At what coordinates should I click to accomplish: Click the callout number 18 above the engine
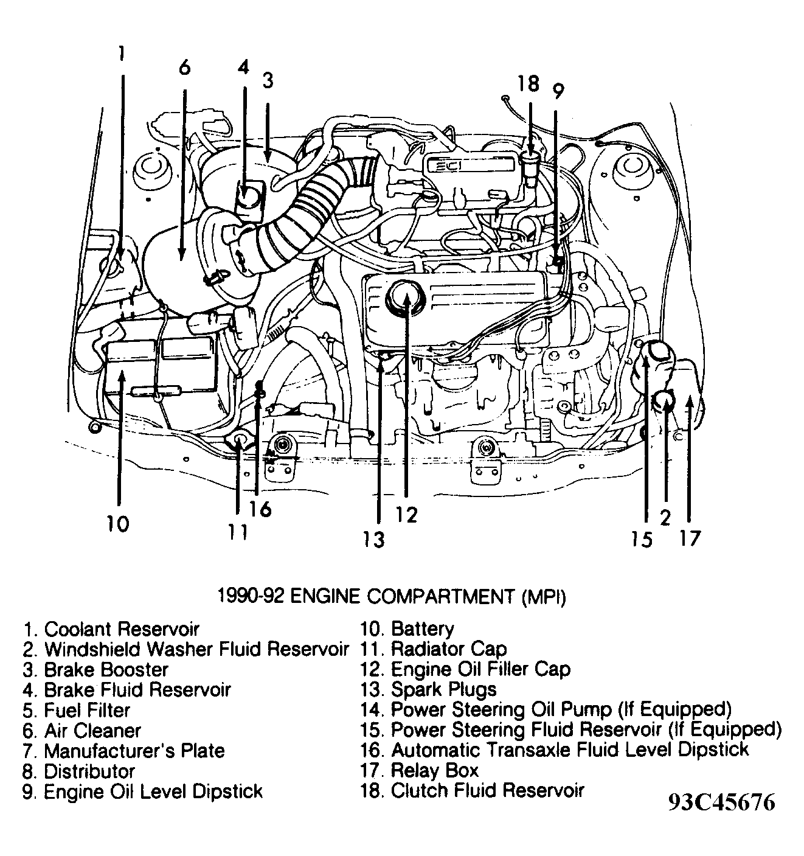(x=528, y=83)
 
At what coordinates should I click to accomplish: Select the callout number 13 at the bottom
(x=374, y=538)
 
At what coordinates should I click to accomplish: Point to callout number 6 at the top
(x=184, y=67)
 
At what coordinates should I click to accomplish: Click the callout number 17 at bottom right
(x=690, y=538)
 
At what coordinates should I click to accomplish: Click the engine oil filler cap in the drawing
(x=403, y=298)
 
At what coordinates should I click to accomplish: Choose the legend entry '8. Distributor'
(x=79, y=771)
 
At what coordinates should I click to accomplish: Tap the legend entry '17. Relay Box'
(x=419, y=770)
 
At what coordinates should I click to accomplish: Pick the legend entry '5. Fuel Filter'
(x=77, y=710)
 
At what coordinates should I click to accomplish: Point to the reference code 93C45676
(x=721, y=802)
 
